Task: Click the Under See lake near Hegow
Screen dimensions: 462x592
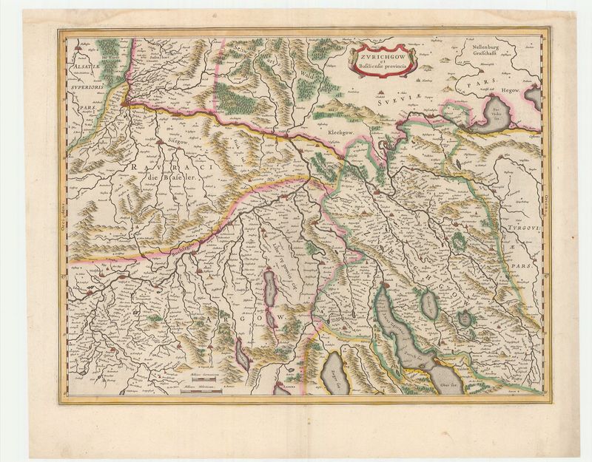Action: point(488,118)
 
